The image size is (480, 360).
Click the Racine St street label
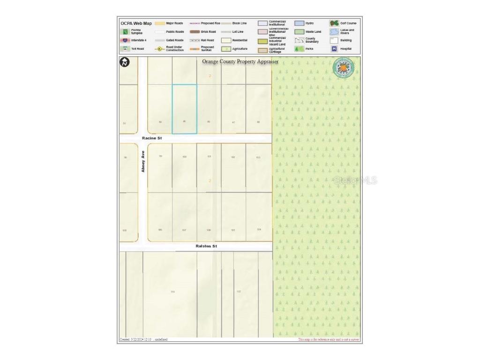pyautogui.click(x=152, y=138)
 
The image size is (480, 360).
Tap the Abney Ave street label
pyautogui.click(x=143, y=161)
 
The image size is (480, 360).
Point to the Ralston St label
pyautogui.click(x=206, y=246)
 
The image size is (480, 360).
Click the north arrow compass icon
pyautogui.click(x=125, y=62)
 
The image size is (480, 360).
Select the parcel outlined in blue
pyautogui.click(x=184, y=109)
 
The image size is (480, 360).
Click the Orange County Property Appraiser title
pyautogui.click(x=240, y=61)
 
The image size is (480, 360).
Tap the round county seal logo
pyautogui.click(x=343, y=67)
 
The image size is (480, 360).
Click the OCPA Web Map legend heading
pyautogui.click(x=136, y=23)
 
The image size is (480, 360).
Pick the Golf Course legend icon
pyautogui.click(x=334, y=23)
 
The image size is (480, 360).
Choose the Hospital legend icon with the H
pyautogui.click(x=334, y=49)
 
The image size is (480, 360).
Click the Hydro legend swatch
pyautogui.click(x=299, y=23)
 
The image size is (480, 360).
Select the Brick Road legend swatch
pyautogui.click(x=195, y=32)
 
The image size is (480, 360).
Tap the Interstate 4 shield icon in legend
pyautogui.click(x=125, y=40)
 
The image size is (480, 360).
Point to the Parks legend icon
pyautogui.click(x=298, y=49)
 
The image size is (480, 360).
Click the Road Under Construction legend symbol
pyautogui.click(x=159, y=49)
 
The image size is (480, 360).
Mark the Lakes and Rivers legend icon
pyautogui.click(x=334, y=32)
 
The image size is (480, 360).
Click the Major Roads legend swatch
pyautogui.click(x=160, y=23)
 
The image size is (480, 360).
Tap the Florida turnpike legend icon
pyautogui.click(x=125, y=32)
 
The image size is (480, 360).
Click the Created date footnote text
pyautogui.click(x=143, y=339)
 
